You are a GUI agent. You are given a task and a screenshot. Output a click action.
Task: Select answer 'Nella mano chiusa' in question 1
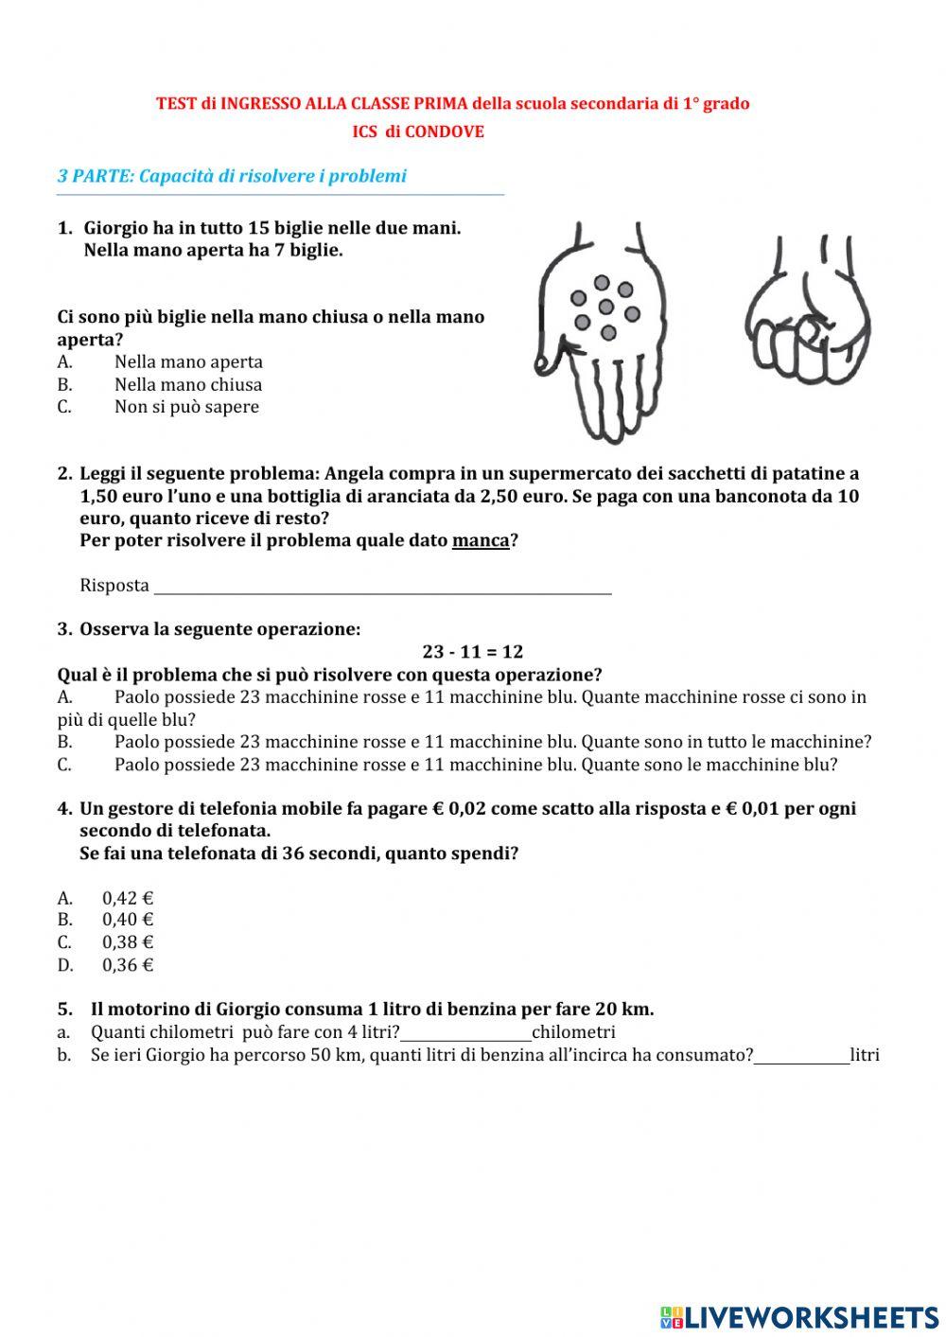coord(187,385)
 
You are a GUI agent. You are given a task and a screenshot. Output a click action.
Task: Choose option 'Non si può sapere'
coord(185,407)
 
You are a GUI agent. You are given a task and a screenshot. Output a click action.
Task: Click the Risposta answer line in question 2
coord(382,587)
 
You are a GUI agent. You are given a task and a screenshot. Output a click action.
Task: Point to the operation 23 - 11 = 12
coord(472,652)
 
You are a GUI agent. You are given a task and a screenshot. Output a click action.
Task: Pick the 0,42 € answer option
coord(127,898)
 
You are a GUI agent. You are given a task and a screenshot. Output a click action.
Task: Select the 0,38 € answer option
coord(127,942)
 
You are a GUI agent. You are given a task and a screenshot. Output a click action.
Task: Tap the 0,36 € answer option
coord(127,965)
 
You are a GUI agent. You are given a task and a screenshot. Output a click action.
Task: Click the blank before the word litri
coord(801,1056)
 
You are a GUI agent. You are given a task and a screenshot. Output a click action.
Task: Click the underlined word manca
coord(480,541)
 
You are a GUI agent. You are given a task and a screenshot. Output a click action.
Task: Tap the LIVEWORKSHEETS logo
coord(799,1316)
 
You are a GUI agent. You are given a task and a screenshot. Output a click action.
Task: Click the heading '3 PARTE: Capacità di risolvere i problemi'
coord(232,176)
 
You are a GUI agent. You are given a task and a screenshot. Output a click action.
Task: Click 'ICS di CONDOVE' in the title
coord(418,132)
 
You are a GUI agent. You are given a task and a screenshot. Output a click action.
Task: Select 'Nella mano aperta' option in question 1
coord(188,362)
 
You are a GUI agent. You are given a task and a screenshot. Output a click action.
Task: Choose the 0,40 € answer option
coord(127,920)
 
